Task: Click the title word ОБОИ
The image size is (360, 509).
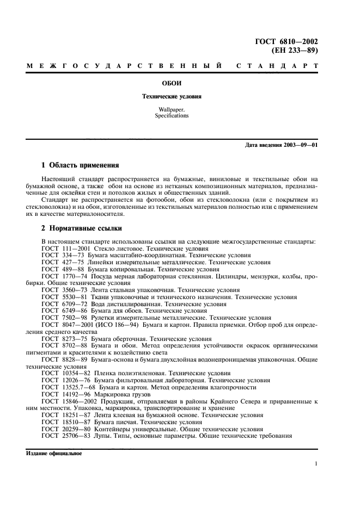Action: click(172, 83)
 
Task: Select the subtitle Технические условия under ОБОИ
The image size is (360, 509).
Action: click(172, 96)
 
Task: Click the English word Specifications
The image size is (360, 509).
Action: click(172, 116)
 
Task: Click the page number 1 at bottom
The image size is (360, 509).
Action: click(316, 464)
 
